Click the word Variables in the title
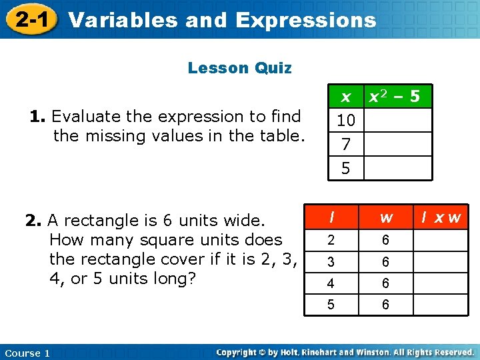pos(123,20)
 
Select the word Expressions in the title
pos(305,20)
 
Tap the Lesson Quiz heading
pos(239,68)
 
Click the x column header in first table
pos(345,97)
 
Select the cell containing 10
pos(345,121)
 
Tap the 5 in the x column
pos(345,169)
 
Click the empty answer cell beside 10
pos(398,121)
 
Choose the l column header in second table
pos(331,217)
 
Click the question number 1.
pos(37,117)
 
